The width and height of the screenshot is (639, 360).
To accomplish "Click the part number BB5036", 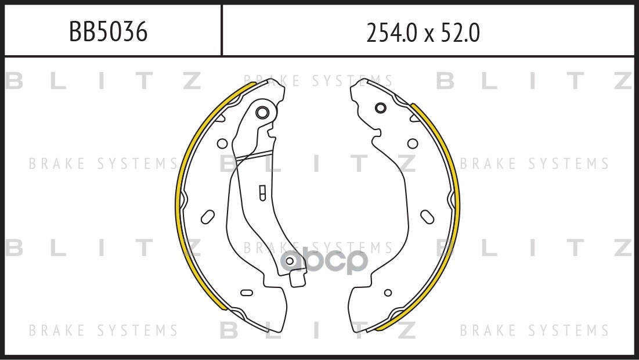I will (x=108, y=33).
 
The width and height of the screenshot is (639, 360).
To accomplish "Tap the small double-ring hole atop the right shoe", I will (x=380, y=107).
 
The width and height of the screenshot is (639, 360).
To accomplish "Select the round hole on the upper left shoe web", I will (x=222, y=143).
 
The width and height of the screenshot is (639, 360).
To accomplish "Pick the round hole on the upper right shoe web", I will (x=413, y=143).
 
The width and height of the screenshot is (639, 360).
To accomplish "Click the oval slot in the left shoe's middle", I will (x=207, y=217).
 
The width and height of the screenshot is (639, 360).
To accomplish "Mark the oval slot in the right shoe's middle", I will (x=428, y=216).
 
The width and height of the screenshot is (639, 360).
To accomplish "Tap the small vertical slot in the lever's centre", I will (x=262, y=192).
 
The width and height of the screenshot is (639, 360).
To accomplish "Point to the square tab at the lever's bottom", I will (x=297, y=280).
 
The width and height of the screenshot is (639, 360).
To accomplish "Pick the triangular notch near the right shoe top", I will (x=413, y=120).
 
